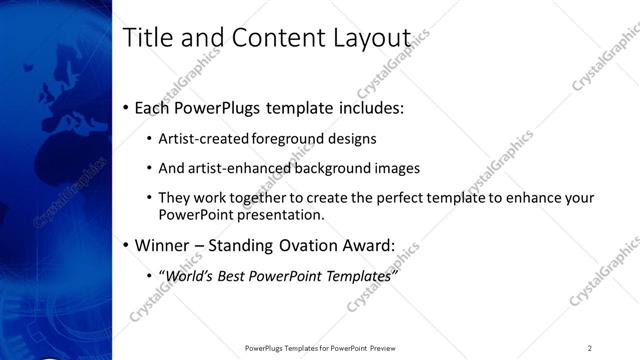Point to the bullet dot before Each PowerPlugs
pos(125,107)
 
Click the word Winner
pos(161,245)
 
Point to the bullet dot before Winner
pos(125,245)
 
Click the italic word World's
pos(189,276)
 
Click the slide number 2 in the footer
pos(589,348)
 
